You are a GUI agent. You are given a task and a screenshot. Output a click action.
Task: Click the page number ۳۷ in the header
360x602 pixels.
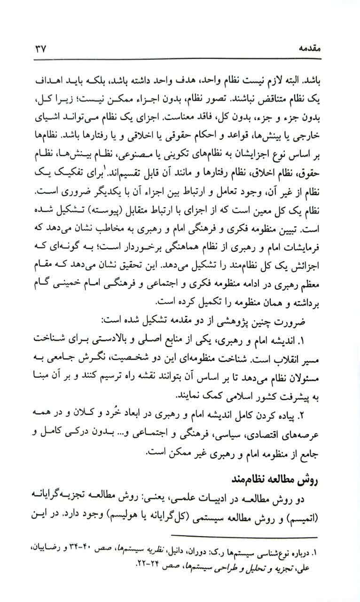38,49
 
